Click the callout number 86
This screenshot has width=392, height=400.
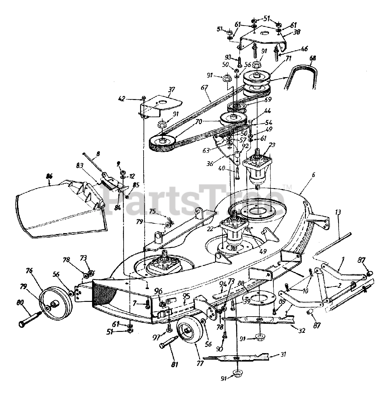click(49, 176)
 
